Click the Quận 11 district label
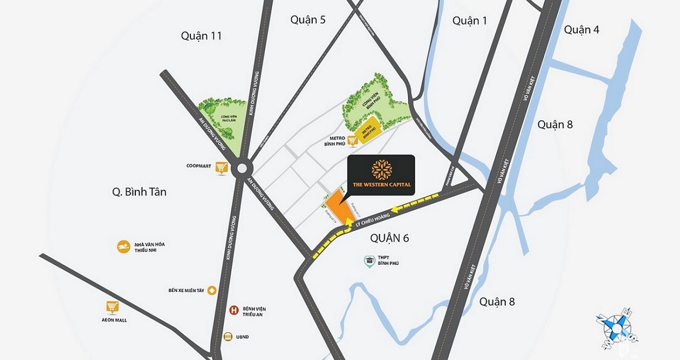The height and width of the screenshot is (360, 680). (201, 36)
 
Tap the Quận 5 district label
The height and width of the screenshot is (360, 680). (308, 20)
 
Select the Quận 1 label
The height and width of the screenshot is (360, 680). (470, 21)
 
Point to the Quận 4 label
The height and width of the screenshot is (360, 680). (581, 30)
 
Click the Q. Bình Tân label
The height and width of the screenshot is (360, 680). (139, 192)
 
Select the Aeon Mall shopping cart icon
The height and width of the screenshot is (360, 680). (112, 307)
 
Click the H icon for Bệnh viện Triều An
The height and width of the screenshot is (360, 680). (232, 310)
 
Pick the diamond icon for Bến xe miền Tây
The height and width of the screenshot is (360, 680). (212, 290)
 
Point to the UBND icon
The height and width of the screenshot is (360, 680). (228, 336)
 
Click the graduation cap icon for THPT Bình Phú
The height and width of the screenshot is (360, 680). (369, 261)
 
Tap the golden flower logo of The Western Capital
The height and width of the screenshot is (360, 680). (380, 169)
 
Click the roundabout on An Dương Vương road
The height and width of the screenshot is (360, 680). (243, 168)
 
